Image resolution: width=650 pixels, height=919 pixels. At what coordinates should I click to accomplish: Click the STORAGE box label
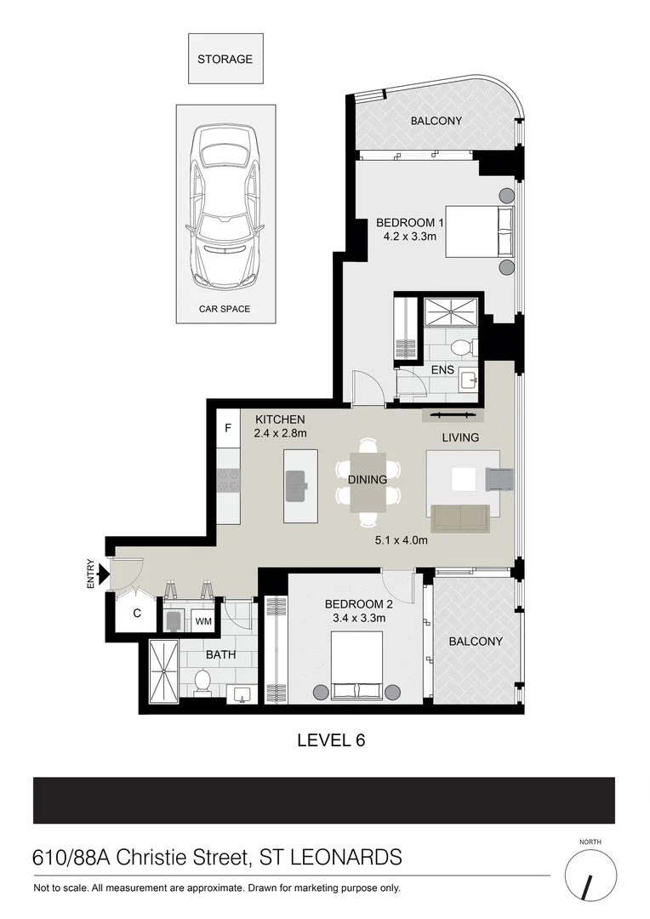tap(225, 60)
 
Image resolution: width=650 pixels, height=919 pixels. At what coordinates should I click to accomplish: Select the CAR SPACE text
tap(225, 309)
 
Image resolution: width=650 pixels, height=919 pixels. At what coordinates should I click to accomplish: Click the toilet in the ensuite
tap(460, 347)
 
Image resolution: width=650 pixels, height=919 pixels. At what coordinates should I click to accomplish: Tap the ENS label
tap(442, 371)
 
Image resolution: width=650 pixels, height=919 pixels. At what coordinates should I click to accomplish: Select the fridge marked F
tap(228, 429)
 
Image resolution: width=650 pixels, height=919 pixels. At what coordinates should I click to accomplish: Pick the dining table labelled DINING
tap(368, 481)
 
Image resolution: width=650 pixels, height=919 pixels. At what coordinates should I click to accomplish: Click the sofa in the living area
tap(459, 517)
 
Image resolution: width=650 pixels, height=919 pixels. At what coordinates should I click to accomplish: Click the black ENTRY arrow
tap(103, 574)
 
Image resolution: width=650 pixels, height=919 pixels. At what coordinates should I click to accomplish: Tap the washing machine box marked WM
tap(203, 622)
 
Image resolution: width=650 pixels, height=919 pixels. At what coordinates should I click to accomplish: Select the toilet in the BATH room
tap(202, 682)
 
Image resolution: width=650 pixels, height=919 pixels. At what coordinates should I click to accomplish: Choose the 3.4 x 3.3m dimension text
tap(358, 619)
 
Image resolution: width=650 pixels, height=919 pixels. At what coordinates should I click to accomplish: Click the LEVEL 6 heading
tap(331, 740)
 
